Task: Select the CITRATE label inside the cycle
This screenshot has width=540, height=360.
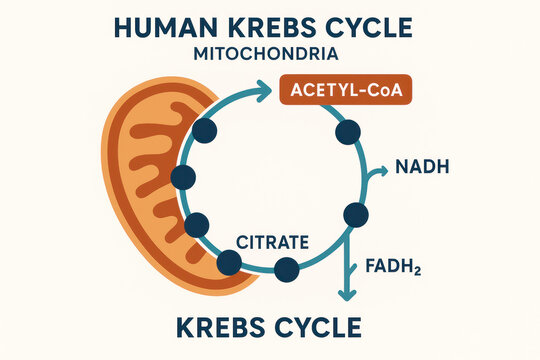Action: tap(272, 241)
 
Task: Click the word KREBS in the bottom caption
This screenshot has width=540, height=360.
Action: tap(224, 326)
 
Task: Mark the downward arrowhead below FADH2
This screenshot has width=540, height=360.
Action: tap(347, 294)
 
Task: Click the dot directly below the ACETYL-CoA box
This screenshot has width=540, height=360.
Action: tap(348, 132)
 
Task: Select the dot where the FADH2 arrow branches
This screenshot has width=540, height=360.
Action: tap(355, 214)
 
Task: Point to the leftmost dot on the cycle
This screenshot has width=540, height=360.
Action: tap(183, 178)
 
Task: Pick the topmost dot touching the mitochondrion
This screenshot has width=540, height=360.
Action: tap(205, 129)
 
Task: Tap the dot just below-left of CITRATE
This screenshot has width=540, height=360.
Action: tap(229, 262)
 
